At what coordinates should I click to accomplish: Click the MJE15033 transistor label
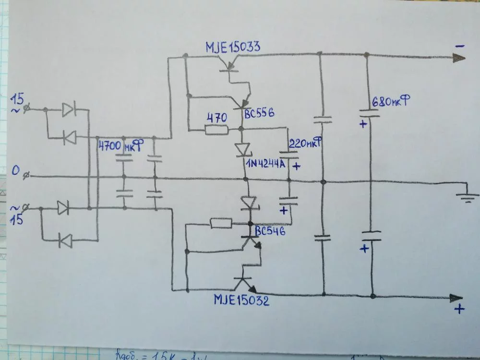(233, 47)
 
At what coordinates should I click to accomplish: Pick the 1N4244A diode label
(265, 164)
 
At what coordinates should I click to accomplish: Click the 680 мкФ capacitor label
(391, 102)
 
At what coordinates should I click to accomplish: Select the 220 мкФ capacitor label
(304, 143)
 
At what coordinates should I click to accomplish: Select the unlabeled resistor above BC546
(221, 223)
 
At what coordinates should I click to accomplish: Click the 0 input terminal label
(16, 170)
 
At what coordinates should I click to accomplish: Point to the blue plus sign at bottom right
(459, 310)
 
